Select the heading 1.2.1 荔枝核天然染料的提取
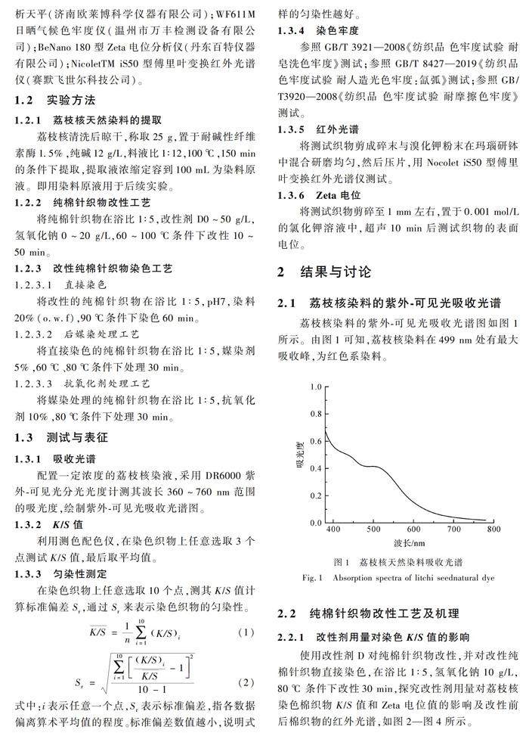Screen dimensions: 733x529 click(x=87, y=120)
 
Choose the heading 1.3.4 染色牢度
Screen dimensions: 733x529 click(x=312, y=32)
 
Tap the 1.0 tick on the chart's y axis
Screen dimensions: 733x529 click(x=315, y=387)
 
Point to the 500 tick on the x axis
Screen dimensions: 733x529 click(x=373, y=529)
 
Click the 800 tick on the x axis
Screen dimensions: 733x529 click(x=493, y=529)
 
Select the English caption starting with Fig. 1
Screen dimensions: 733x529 click(x=398, y=578)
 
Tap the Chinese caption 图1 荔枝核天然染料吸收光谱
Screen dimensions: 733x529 click(x=398, y=562)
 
